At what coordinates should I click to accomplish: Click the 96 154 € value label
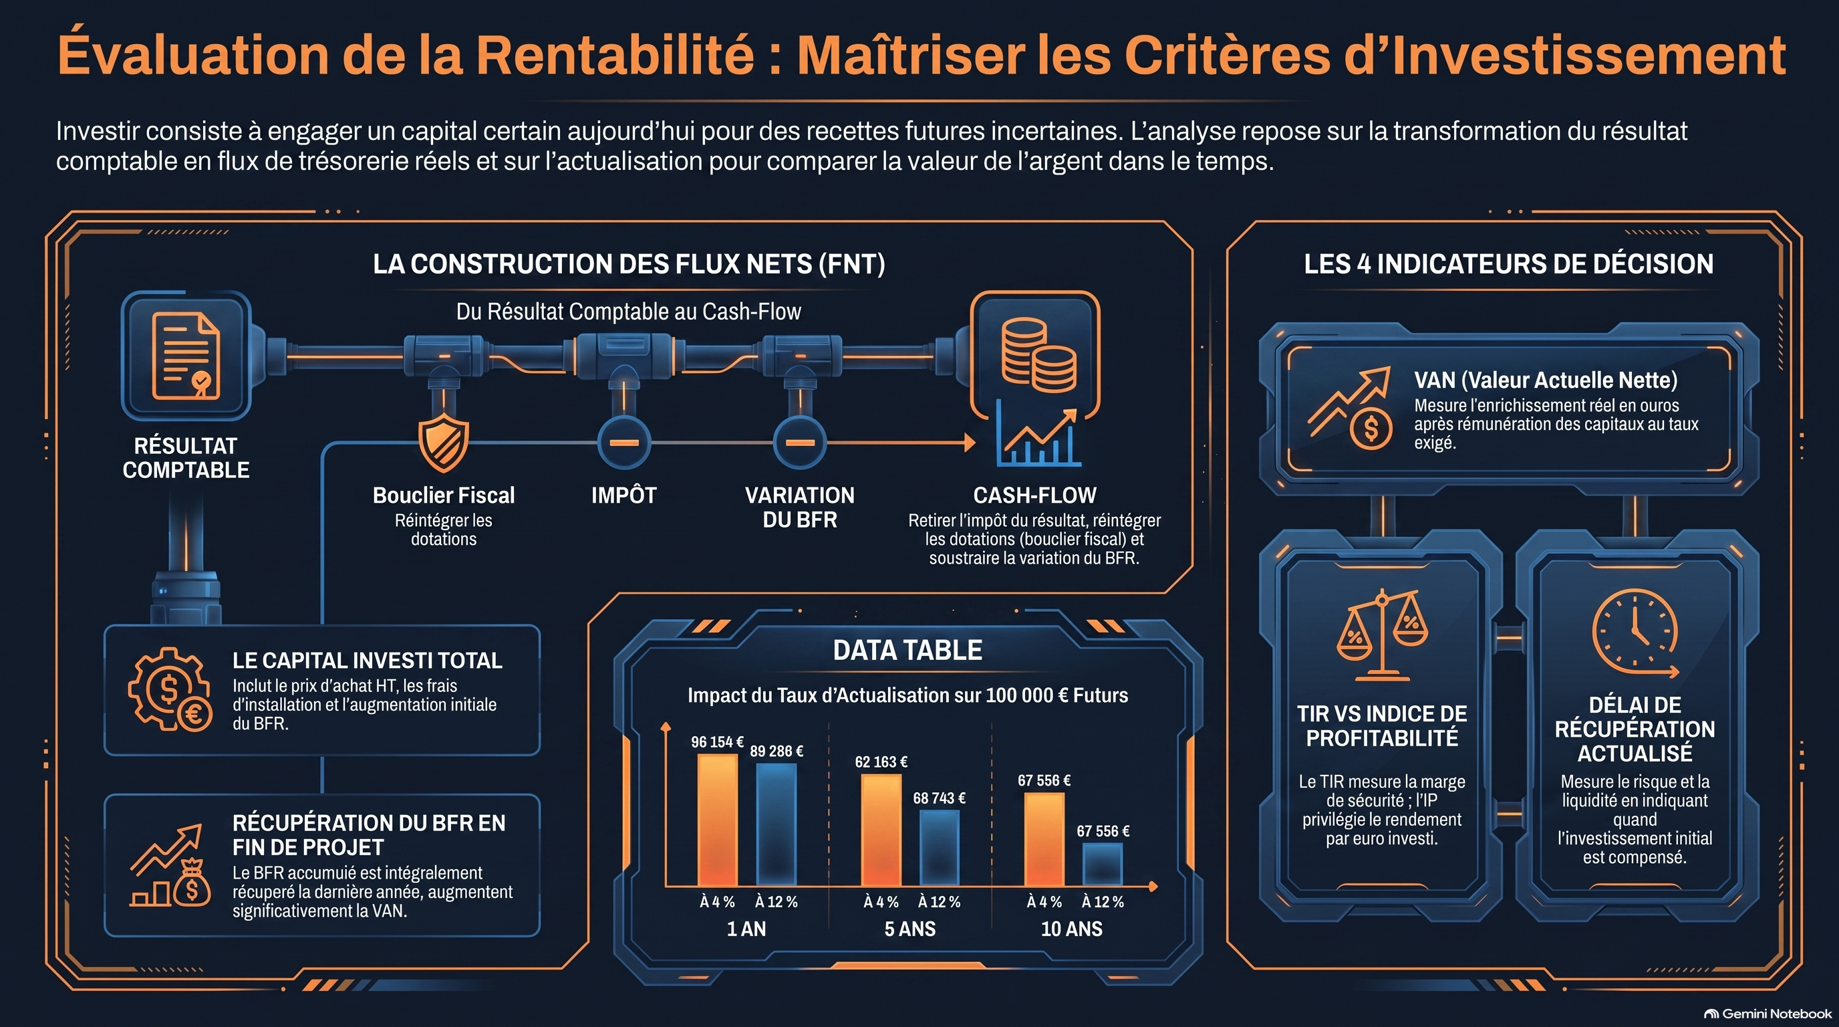pyautogui.click(x=717, y=742)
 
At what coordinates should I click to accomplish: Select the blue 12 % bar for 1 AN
pyautogui.click(x=776, y=824)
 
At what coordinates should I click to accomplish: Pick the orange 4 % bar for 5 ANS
pyautogui.click(x=881, y=830)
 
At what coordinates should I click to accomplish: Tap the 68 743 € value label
pyautogui.click(x=939, y=798)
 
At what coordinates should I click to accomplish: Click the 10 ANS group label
pyautogui.click(x=1072, y=929)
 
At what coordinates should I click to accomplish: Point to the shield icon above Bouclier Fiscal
pyautogui.click(x=443, y=443)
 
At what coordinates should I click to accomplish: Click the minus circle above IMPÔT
pyautogui.click(x=623, y=443)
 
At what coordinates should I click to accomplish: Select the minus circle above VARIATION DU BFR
pyautogui.click(x=800, y=443)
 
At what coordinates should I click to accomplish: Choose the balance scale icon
pyautogui.click(x=1382, y=635)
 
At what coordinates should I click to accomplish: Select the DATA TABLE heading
pyautogui.click(x=907, y=650)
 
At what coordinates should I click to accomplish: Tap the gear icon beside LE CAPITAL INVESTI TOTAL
pyautogui.click(x=170, y=689)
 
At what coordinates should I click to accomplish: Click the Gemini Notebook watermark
pyautogui.click(x=1767, y=1014)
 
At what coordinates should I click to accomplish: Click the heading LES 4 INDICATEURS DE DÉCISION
pyautogui.click(x=1508, y=263)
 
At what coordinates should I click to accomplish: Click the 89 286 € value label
pyautogui.click(x=776, y=752)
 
